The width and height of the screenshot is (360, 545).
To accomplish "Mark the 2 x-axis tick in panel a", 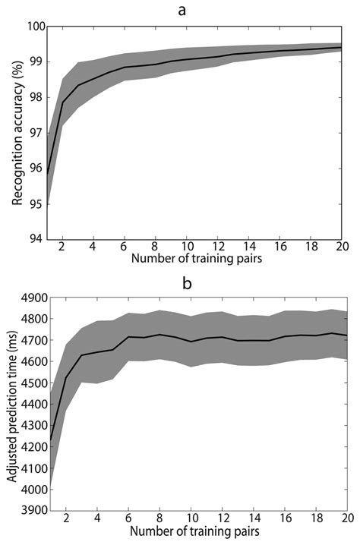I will pos(62,247).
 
